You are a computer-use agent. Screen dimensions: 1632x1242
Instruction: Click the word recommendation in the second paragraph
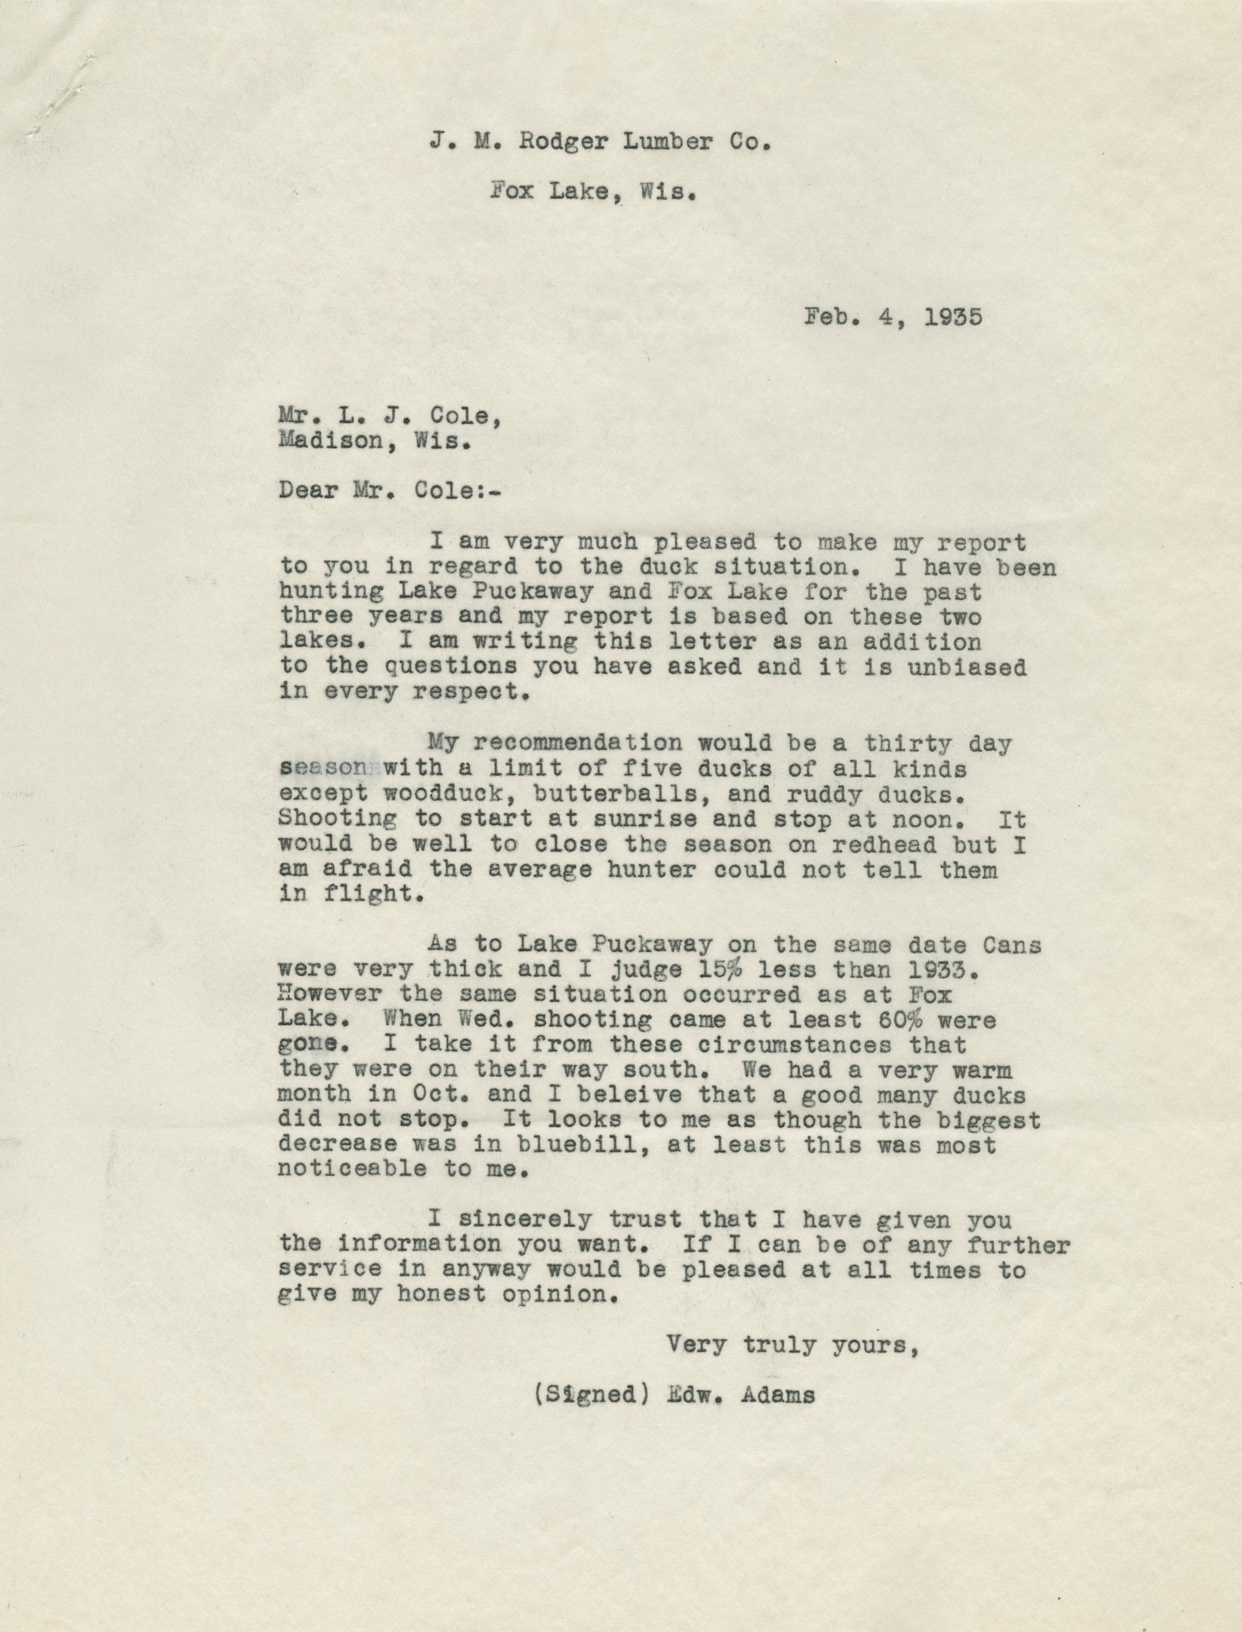pyautogui.click(x=563, y=744)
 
